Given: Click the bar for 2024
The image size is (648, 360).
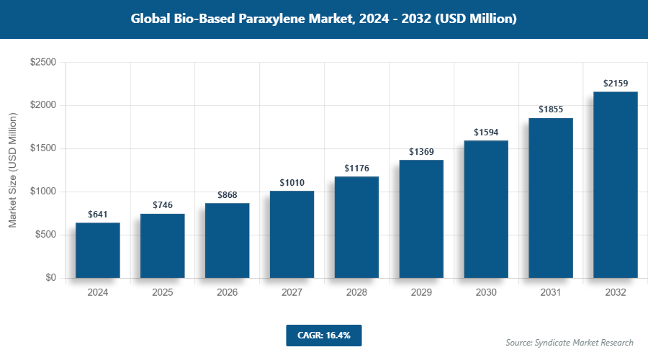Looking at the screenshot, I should [x=97, y=251].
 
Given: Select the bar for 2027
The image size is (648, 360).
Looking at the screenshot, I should [x=292, y=235].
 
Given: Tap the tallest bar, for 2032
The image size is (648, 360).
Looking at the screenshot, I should [x=616, y=185].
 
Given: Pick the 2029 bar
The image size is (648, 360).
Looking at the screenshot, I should [x=421, y=219].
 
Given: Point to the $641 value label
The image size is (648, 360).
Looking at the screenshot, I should [x=97, y=214].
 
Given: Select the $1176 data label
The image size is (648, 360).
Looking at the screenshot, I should [x=356, y=168].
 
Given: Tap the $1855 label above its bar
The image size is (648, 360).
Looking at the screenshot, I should [x=551, y=109].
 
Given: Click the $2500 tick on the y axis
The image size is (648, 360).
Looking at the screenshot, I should [x=42, y=63].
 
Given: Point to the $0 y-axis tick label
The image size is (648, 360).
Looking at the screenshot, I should [x=50, y=278].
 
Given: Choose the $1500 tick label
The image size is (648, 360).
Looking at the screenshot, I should [x=42, y=149].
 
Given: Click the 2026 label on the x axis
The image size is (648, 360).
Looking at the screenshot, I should [x=227, y=293].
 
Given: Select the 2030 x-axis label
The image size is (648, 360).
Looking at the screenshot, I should [x=486, y=293].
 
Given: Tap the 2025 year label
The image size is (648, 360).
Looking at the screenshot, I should [x=162, y=293].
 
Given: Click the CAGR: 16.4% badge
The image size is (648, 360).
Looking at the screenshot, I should [x=323, y=336].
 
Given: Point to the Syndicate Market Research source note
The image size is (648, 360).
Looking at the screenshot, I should [x=569, y=342].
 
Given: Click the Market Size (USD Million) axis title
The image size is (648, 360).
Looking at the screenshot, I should [x=12, y=170].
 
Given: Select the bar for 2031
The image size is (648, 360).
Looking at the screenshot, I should [x=551, y=198].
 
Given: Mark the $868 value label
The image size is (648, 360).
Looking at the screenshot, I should [x=227, y=194].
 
